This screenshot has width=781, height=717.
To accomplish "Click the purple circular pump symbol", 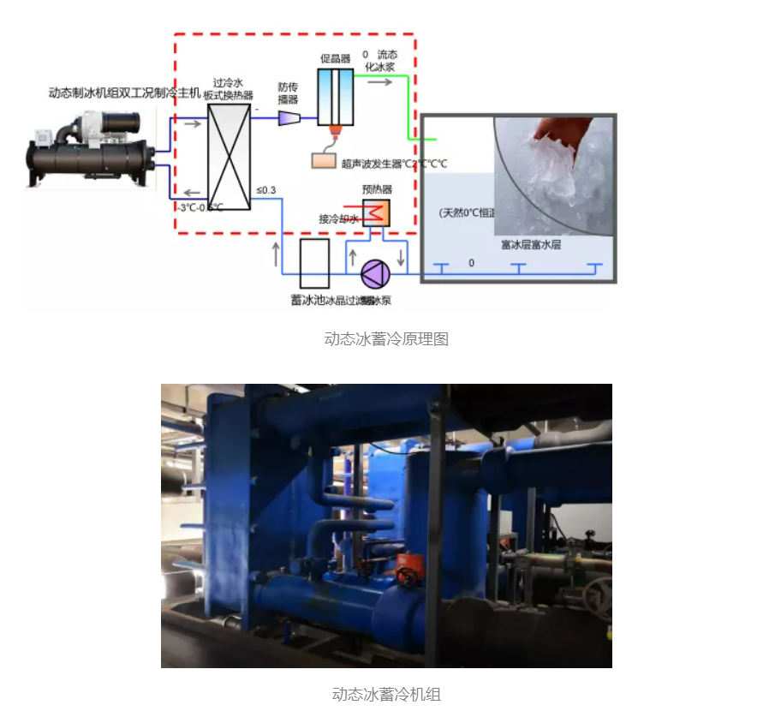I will coord(375,273).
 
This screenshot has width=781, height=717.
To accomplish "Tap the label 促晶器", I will coord(337,59).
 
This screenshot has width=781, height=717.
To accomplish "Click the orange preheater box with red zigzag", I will coord(377,212).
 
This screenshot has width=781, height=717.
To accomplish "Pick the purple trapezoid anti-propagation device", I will coord(287,117).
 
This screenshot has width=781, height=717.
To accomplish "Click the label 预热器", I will coord(377,189).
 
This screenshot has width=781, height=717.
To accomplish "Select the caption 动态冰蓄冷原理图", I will coord(386,338).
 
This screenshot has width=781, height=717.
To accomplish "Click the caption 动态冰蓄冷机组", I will coord(386,694).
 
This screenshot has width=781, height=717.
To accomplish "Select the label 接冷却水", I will coord(338,218).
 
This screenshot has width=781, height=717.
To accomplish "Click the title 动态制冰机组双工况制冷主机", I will coord(124,93).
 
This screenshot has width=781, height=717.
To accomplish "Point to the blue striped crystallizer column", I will coord(335,97).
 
